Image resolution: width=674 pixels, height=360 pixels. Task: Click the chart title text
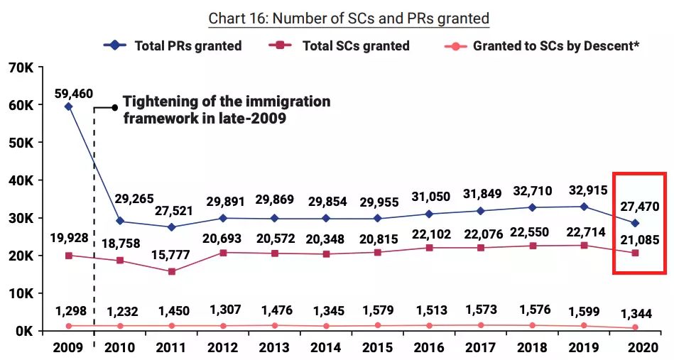[349, 18]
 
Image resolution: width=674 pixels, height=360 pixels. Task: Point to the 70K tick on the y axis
[21, 67]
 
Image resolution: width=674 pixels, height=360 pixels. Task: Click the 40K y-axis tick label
[21, 180]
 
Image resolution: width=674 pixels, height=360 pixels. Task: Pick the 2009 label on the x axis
[68, 348]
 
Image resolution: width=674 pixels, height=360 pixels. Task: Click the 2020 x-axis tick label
[635, 348]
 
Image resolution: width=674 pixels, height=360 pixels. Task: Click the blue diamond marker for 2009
[68, 107]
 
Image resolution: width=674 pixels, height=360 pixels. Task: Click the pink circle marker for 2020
[635, 327]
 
